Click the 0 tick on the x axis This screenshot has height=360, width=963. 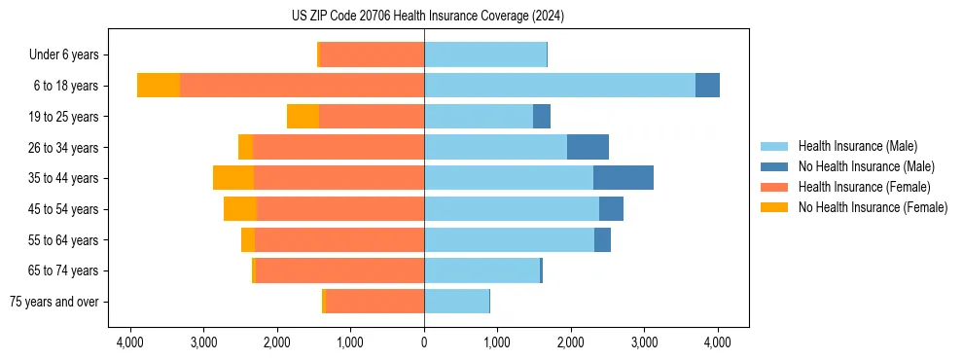[424, 342]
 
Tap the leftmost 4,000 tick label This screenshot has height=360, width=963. [129, 342]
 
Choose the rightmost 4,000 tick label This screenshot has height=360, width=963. [718, 342]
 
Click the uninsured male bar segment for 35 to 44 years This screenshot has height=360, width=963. [624, 178]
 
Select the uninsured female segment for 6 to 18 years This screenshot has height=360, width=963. [159, 86]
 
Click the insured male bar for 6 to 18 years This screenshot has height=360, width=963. [559, 86]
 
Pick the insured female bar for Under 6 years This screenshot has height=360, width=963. [372, 55]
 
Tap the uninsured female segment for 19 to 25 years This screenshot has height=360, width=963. [303, 117]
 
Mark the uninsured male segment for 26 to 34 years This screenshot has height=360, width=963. [588, 147]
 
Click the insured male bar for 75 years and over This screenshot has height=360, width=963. [456, 302]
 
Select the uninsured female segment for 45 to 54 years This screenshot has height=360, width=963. [240, 209]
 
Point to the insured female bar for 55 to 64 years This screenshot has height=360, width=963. [339, 239]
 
